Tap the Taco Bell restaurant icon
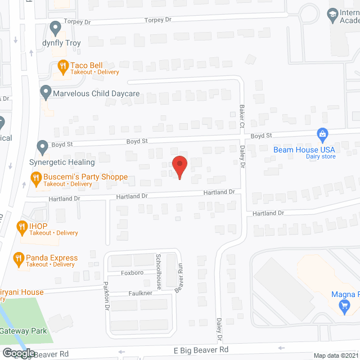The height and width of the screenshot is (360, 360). [x=63, y=66]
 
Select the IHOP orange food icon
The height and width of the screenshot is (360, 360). [x=22, y=227]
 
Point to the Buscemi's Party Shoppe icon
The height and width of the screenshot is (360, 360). [x=35, y=178]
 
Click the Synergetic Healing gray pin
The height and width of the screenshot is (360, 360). [x=42, y=147]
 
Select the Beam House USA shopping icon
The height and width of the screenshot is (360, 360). [x=322, y=134]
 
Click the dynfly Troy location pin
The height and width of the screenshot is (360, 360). [x=55, y=27]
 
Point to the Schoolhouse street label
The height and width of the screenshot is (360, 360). [x=159, y=271]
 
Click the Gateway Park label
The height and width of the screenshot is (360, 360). [x=24, y=331]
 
